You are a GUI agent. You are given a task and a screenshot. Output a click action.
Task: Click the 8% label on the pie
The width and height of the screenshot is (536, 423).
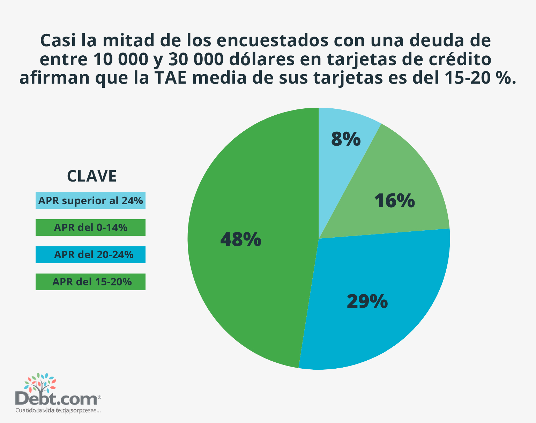(345, 139)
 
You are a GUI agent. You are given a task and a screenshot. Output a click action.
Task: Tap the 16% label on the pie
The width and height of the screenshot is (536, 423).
(394, 201)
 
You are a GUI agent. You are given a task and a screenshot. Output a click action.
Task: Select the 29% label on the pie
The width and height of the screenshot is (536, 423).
(367, 301)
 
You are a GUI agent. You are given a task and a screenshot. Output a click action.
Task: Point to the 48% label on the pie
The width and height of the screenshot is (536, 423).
(241, 240)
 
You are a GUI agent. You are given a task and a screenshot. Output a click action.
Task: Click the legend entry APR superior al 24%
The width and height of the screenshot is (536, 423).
(90, 200)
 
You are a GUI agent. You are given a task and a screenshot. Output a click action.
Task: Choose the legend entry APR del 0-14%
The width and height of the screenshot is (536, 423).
(90, 228)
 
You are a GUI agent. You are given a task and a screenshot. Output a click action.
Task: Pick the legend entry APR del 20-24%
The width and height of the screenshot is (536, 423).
(90, 255)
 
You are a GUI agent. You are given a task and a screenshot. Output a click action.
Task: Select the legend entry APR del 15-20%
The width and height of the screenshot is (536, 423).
(90, 282)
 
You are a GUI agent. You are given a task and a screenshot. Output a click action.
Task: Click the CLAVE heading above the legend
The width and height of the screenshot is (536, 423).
(91, 176)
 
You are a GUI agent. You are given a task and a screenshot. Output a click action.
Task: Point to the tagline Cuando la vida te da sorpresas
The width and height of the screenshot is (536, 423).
(58, 410)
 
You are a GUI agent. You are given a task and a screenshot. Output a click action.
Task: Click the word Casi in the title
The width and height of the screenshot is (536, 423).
(58, 41)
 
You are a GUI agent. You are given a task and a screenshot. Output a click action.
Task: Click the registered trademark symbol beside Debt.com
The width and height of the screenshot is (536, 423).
(99, 397)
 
